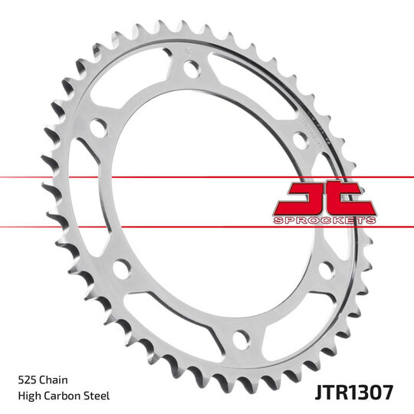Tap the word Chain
coord(53,379)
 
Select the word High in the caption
coord(28,396)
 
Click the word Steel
coord(98,396)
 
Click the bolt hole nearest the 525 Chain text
coord(120,268)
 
